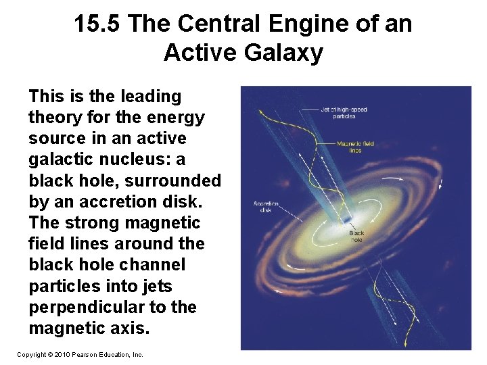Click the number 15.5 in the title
[97, 24]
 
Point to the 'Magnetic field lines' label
[355, 147]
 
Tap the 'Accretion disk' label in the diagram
[266, 206]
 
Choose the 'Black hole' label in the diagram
[356, 237]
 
